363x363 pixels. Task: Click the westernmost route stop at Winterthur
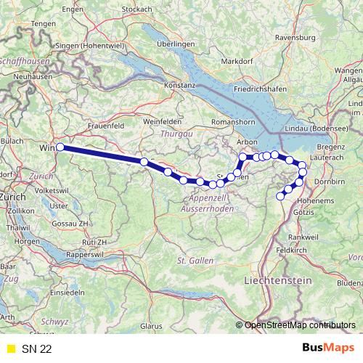coord(60,147)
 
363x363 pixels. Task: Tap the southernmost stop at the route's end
coord(280,196)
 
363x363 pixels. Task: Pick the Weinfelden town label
coord(161,121)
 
